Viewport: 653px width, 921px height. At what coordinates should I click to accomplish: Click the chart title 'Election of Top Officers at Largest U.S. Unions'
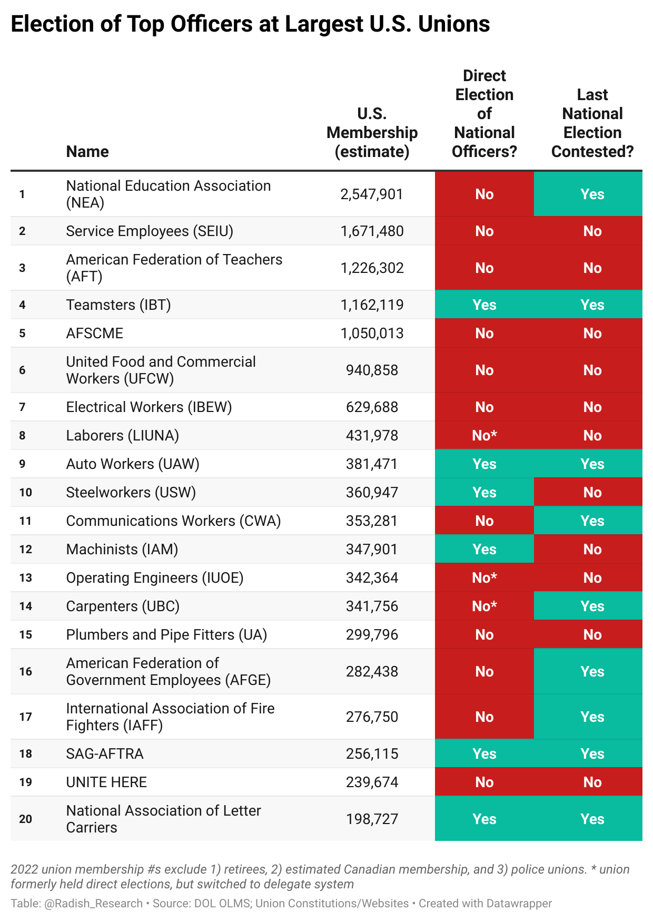tap(250, 24)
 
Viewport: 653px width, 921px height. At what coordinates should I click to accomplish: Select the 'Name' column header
tap(87, 152)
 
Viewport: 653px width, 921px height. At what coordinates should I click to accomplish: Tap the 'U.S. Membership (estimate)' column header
tap(372, 133)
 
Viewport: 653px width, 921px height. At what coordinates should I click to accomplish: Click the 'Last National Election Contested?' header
tap(592, 123)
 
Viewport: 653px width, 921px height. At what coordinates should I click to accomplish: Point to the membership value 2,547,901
tap(372, 194)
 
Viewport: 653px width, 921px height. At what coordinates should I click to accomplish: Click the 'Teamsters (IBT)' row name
tap(118, 305)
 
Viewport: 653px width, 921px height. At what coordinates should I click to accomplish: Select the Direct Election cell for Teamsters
tap(484, 305)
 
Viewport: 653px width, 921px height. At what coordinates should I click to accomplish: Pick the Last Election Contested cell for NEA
tap(588, 194)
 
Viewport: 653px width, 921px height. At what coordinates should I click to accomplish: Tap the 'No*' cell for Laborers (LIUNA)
tap(484, 435)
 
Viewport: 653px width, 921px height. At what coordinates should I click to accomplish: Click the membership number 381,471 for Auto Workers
tap(372, 464)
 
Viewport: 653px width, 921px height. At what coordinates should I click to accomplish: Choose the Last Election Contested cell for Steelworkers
tap(588, 492)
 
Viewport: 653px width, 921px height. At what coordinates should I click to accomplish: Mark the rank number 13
tap(26, 578)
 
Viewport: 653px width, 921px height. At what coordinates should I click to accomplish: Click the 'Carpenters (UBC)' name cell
tap(123, 606)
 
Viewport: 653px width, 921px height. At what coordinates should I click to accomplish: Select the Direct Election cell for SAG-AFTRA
tap(484, 753)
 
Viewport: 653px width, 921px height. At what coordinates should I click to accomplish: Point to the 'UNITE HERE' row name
tap(106, 782)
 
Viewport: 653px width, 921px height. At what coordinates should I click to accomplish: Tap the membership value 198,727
tap(372, 819)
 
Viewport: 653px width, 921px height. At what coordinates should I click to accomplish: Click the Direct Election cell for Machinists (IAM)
tap(484, 549)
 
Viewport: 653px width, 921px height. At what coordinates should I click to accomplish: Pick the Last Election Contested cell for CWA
tap(588, 521)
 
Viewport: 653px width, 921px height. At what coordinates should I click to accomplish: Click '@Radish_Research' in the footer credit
tap(94, 903)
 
